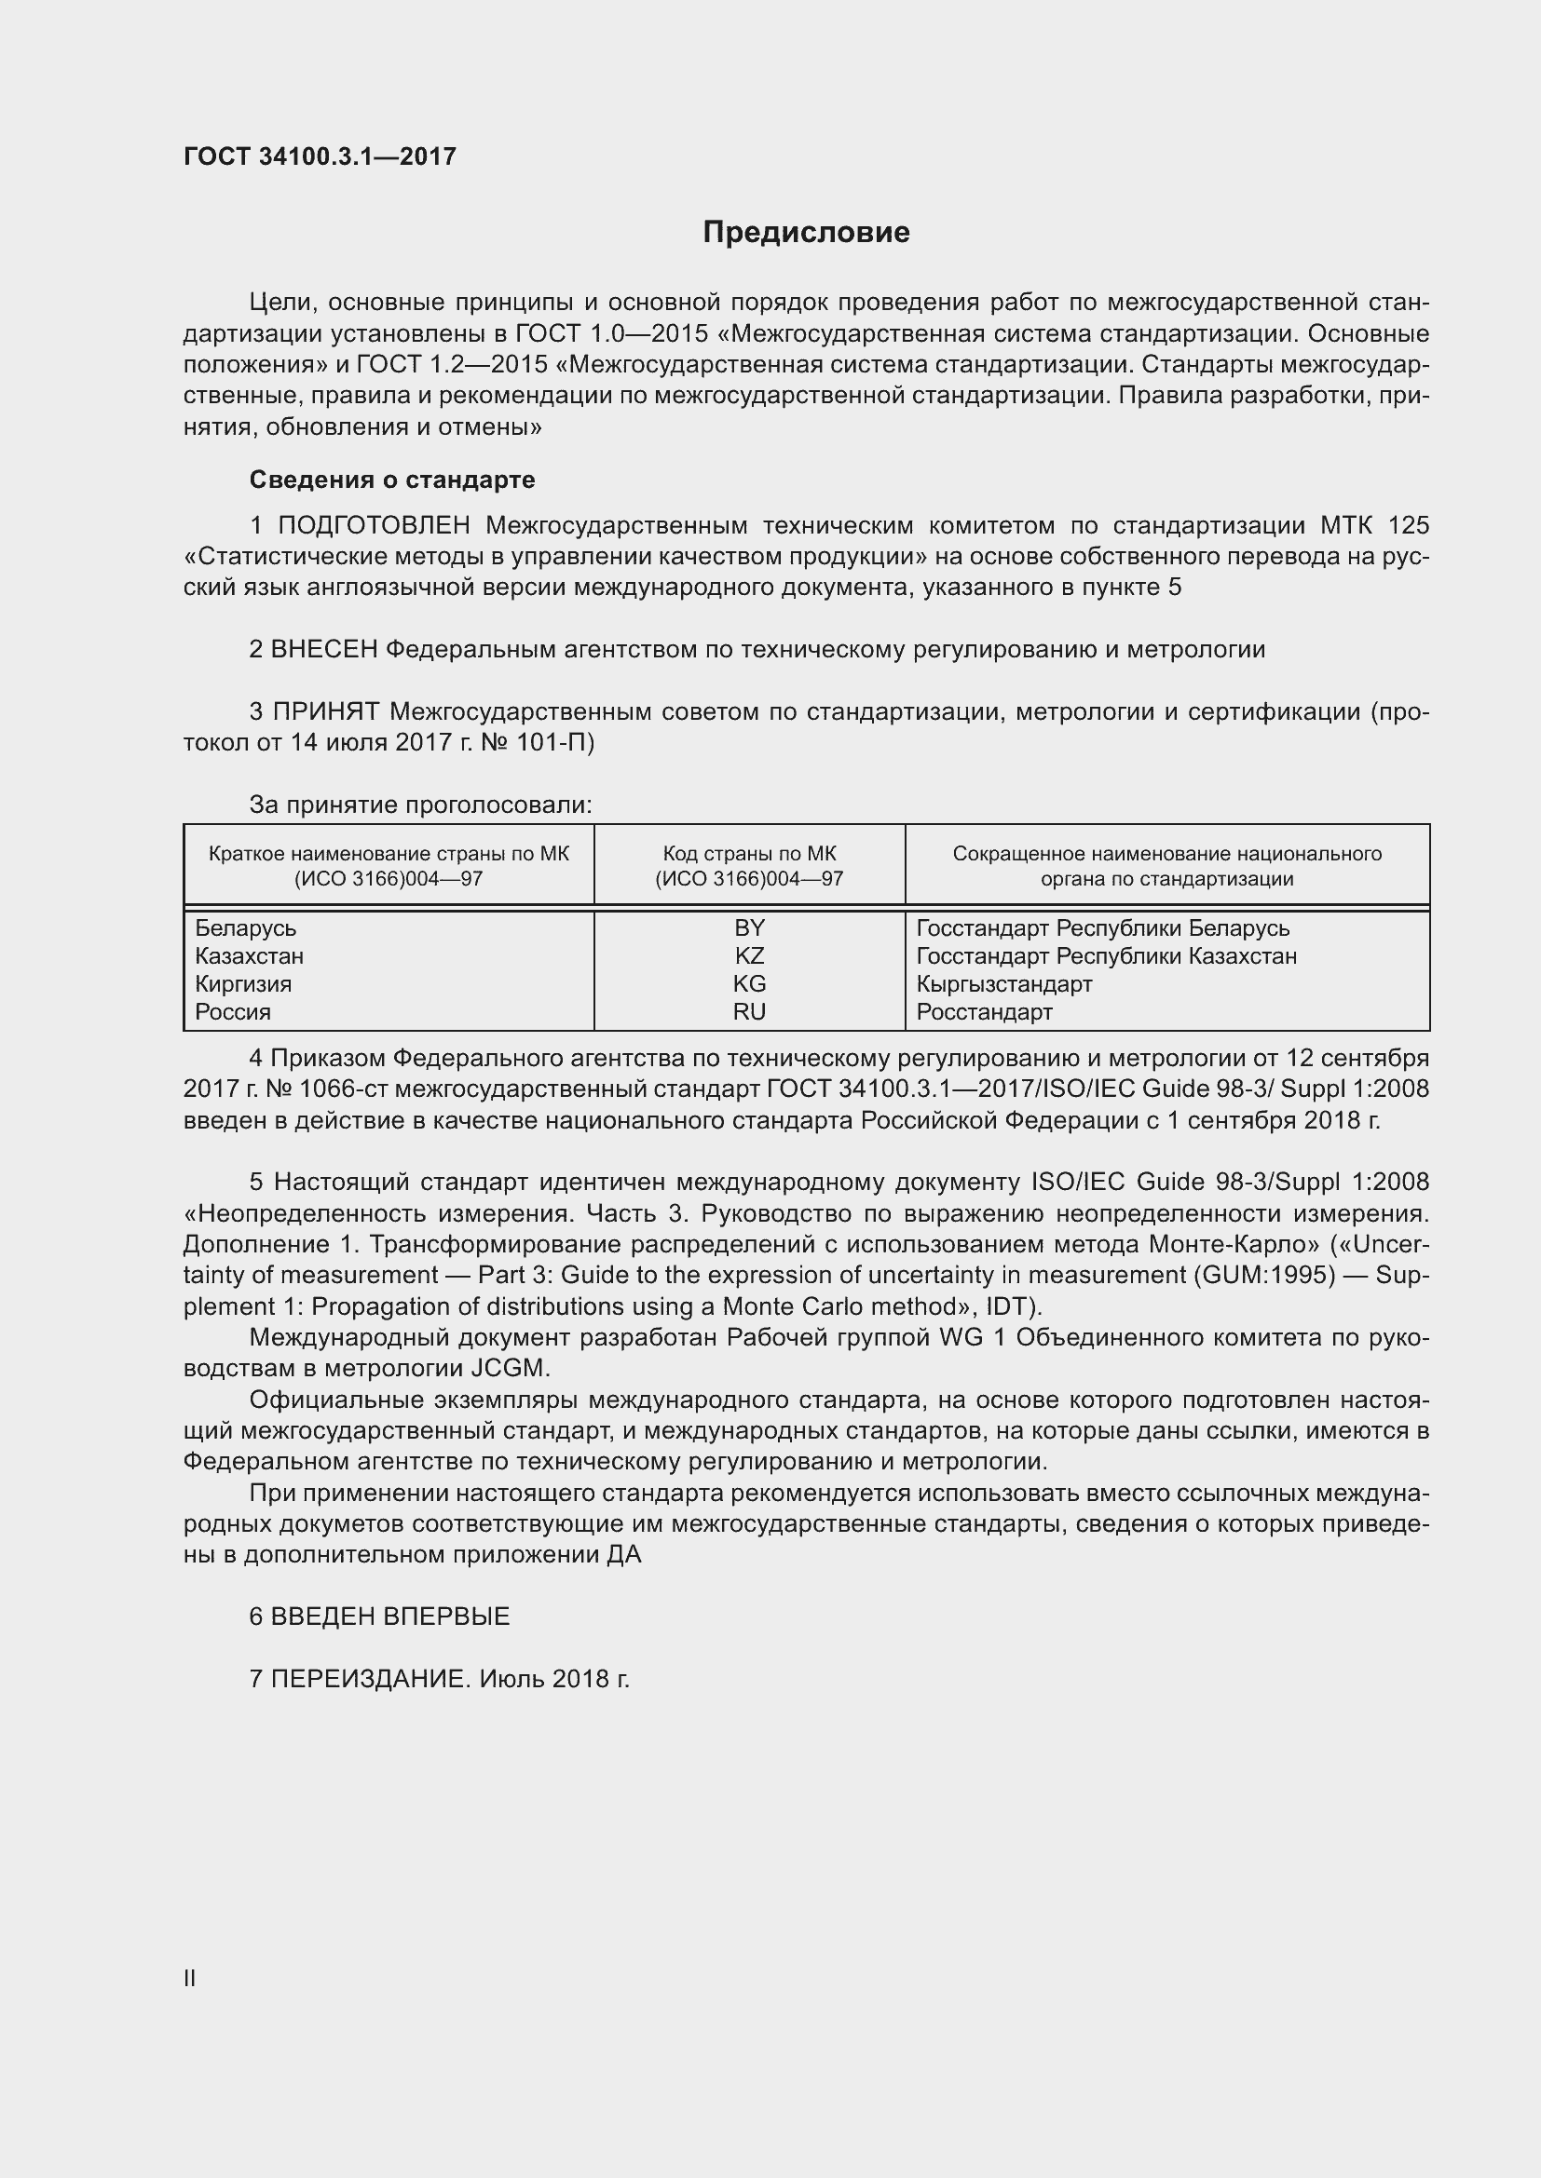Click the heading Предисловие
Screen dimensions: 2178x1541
pos(806,233)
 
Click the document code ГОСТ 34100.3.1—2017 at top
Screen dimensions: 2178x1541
pos(320,156)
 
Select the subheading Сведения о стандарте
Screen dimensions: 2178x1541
pos(392,480)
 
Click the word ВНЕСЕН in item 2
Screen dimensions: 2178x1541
pos(324,650)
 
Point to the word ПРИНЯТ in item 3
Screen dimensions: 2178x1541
pos(326,711)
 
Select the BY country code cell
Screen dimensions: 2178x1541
pos(749,927)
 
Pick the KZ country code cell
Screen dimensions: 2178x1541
pos(749,955)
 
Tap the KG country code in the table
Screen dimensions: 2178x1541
pos(749,983)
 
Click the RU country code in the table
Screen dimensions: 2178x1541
pos(749,1011)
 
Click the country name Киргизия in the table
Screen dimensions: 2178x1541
pos(243,983)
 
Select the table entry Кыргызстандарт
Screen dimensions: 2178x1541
pos(1004,983)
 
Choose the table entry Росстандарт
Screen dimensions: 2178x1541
pos(984,1011)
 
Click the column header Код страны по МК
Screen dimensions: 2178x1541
pos(749,854)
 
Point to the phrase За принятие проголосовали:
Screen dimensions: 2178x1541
pos(420,805)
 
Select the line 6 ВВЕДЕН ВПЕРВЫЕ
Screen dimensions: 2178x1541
pos(379,1617)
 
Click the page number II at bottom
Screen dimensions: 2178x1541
pos(190,1979)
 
